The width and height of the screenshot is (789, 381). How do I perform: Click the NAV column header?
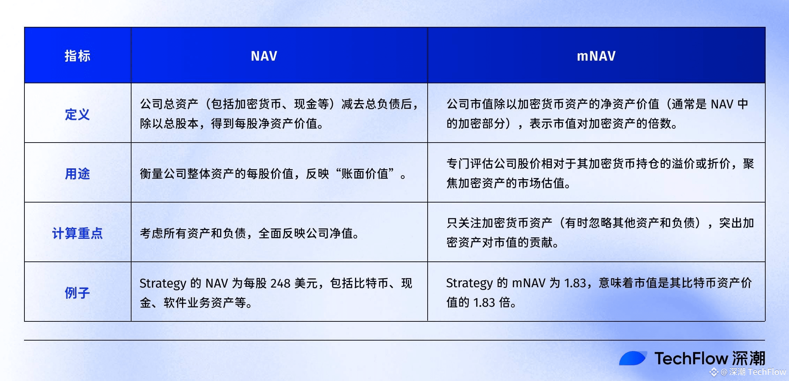pos(264,56)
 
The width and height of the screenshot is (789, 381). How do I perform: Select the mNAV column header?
pos(596,56)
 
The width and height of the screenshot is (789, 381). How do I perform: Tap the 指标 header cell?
pos(77,56)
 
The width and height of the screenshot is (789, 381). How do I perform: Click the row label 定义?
pos(77,114)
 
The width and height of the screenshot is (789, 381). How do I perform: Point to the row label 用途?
pos(77,174)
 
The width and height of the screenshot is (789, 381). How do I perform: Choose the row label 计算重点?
pos(77,233)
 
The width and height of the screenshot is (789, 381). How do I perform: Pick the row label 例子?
pos(77,293)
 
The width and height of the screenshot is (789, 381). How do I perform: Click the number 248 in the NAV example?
pos(280,283)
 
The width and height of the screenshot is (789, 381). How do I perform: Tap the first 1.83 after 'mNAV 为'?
pos(575,283)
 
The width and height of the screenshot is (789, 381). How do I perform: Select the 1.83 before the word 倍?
pos(484,303)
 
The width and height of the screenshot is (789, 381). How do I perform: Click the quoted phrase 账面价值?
pos(365,174)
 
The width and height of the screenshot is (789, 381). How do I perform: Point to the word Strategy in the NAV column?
pos(163,284)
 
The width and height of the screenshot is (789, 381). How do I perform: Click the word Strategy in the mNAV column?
pos(469,283)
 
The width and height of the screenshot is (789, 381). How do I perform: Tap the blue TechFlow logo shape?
pos(633,358)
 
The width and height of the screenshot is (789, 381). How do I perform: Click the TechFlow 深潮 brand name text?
pos(710,358)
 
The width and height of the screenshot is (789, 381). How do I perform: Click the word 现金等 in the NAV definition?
pos(312,104)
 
